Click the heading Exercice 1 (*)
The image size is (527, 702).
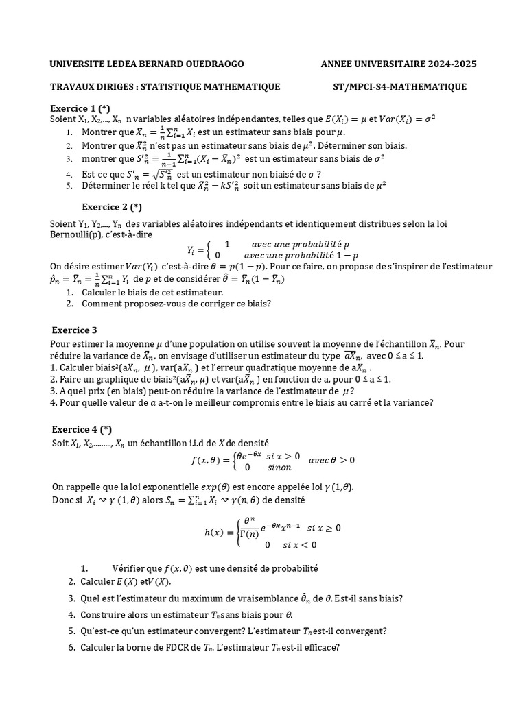click(x=80, y=108)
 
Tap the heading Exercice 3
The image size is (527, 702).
click(x=75, y=330)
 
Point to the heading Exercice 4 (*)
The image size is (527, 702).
click(x=82, y=430)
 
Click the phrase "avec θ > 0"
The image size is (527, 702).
click(x=331, y=460)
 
